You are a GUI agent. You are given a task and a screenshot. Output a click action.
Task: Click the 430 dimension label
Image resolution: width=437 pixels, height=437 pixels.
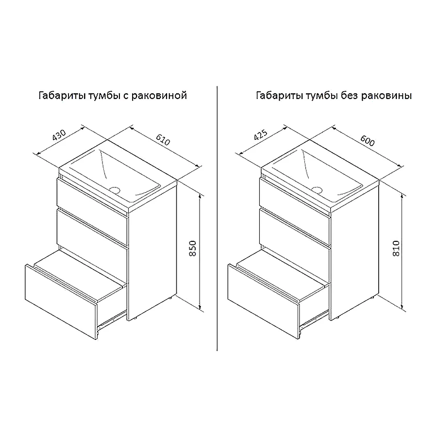(x=59, y=135)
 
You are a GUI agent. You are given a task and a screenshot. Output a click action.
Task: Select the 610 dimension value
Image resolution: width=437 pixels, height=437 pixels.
(x=163, y=140)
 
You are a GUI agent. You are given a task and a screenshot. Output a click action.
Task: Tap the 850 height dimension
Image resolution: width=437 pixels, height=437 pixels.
(x=193, y=248)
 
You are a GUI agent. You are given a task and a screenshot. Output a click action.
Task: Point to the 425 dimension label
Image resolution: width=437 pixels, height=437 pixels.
(x=261, y=135)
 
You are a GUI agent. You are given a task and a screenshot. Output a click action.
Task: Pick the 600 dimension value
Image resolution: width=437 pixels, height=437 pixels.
(x=368, y=141)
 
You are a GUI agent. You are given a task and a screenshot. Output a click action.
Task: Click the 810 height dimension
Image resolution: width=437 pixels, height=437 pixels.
(x=396, y=249)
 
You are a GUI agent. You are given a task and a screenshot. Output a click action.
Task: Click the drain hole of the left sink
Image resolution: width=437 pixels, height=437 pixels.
(x=115, y=190)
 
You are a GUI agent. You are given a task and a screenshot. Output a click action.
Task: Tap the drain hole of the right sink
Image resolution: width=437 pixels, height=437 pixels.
(x=317, y=190)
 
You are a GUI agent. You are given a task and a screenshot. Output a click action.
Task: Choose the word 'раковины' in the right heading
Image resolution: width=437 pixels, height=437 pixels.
(x=387, y=96)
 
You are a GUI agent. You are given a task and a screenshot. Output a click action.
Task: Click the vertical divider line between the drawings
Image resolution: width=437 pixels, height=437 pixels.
(x=217, y=218)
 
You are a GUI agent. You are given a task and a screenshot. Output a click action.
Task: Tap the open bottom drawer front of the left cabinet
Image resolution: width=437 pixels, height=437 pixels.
(x=61, y=301)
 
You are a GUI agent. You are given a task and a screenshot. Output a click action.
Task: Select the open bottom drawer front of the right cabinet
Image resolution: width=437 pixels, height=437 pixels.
(x=263, y=301)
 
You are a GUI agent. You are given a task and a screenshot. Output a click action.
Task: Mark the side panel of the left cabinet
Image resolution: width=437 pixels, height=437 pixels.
(x=152, y=251)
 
